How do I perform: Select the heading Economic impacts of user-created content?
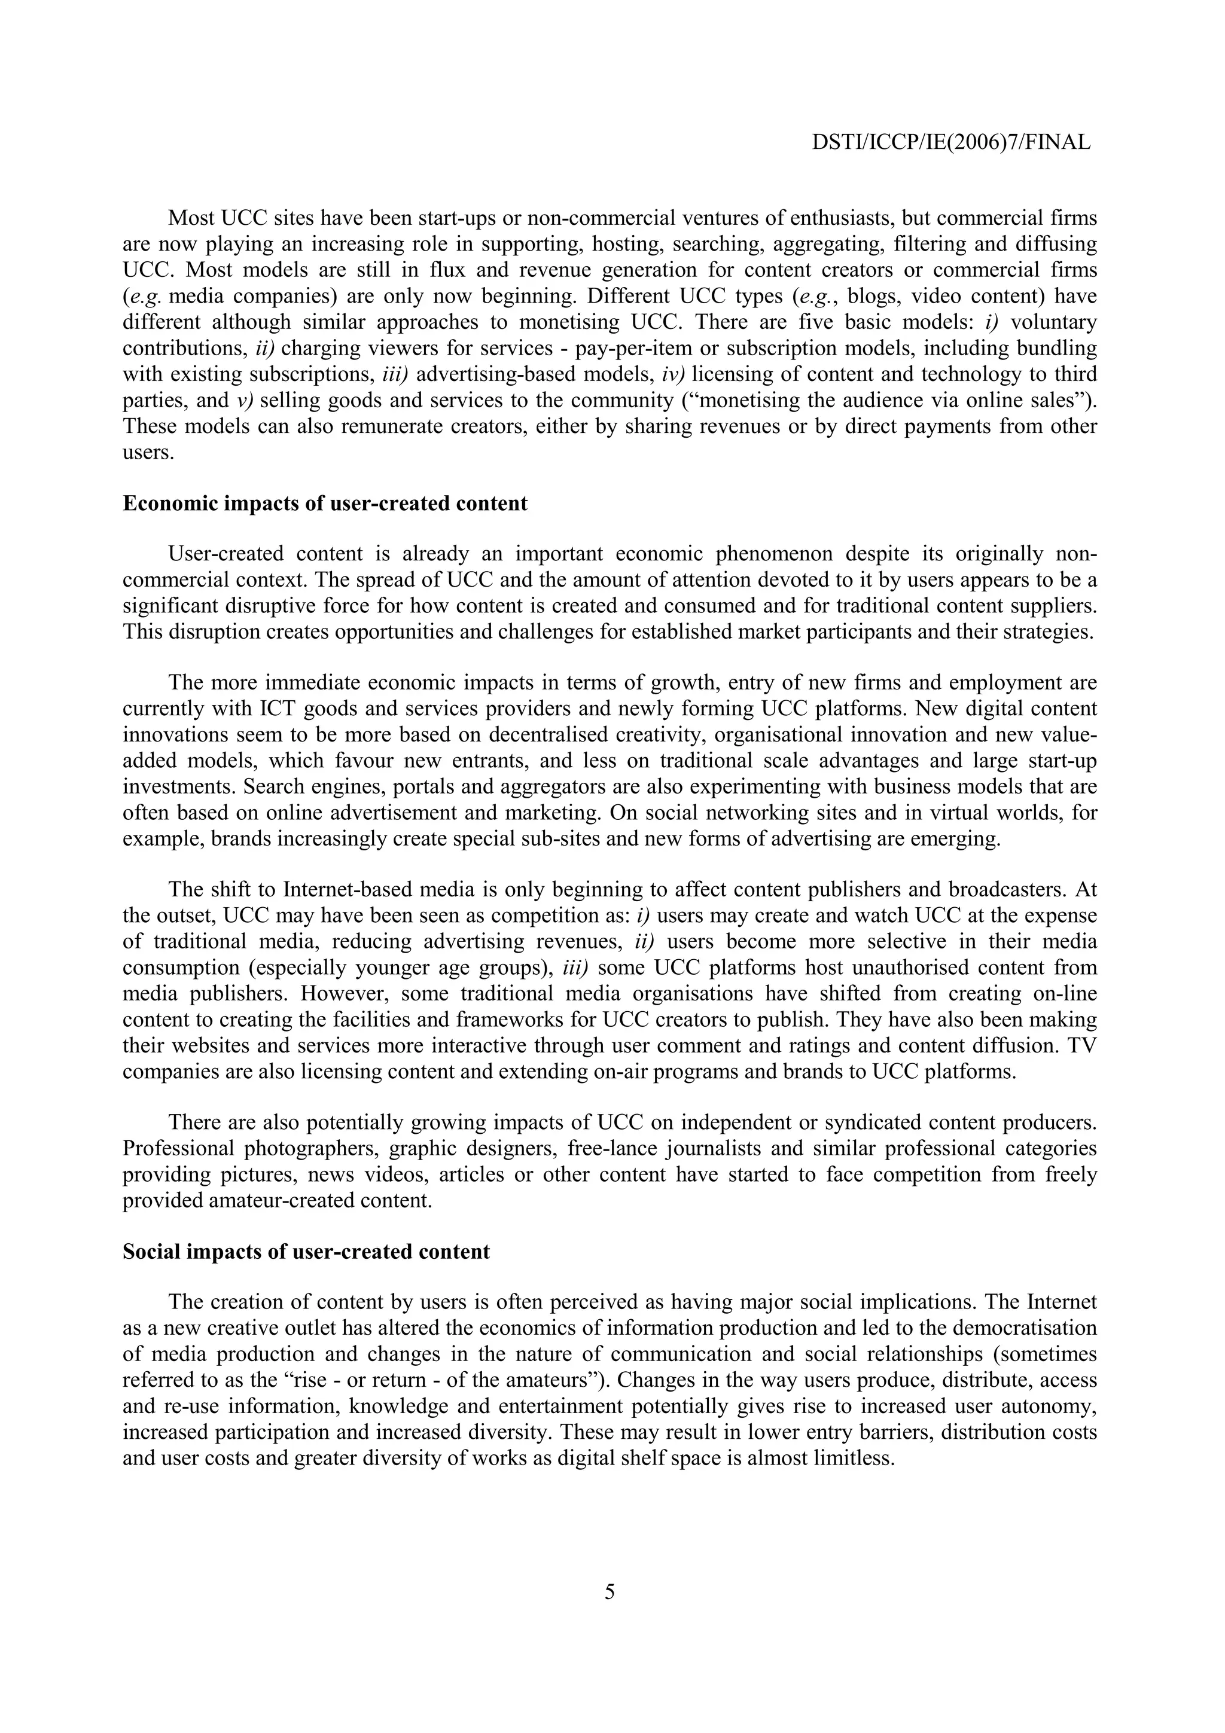(x=325, y=504)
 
